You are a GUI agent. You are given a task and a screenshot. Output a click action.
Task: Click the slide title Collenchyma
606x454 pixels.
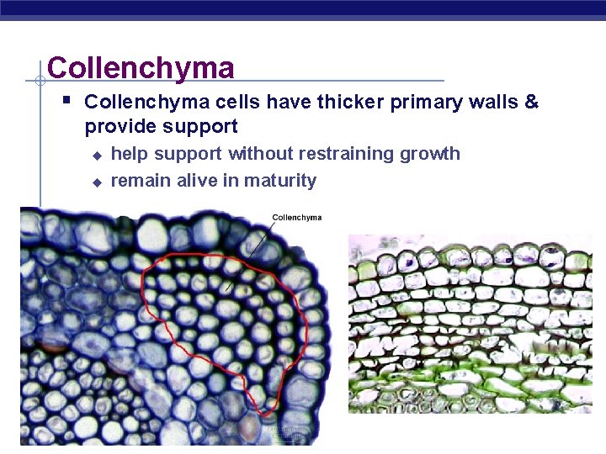pyautogui.click(x=141, y=67)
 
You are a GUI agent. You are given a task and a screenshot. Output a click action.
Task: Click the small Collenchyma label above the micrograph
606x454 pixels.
pyautogui.click(x=296, y=218)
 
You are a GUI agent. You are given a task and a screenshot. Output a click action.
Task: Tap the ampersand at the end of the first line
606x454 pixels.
pyautogui.click(x=531, y=103)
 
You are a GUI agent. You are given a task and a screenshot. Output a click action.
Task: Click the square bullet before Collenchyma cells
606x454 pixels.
pyautogui.click(x=67, y=102)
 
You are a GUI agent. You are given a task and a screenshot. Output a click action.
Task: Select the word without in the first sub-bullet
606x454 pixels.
pyautogui.click(x=255, y=154)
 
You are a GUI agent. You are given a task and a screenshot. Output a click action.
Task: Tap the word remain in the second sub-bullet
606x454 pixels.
pyautogui.click(x=141, y=181)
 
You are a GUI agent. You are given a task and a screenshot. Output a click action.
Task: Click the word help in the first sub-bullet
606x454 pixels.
pyautogui.click(x=129, y=154)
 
